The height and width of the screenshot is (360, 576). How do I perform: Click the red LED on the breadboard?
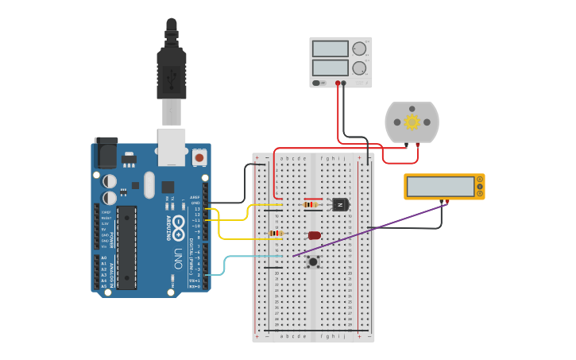[x=315, y=235]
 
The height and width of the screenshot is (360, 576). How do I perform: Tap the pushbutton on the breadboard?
[x=313, y=261]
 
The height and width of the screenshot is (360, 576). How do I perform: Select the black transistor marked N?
[x=340, y=205]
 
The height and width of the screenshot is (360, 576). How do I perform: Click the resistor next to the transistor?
[x=311, y=205]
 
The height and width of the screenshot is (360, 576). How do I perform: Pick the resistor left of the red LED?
[x=276, y=234]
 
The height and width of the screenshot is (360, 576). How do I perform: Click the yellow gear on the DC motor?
[x=412, y=122]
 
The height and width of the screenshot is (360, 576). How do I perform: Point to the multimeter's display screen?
[x=441, y=187]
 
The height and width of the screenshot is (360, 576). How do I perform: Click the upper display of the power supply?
[x=330, y=49]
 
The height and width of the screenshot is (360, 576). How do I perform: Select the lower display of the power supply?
[x=330, y=68]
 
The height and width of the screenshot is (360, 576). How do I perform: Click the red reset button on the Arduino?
[x=199, y=158]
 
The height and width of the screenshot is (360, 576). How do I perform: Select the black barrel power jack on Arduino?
[x=105, y=153]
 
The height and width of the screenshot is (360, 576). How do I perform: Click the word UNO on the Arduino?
[x=179, y=258]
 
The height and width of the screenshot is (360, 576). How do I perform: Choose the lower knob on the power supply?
[x=359, y=68]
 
